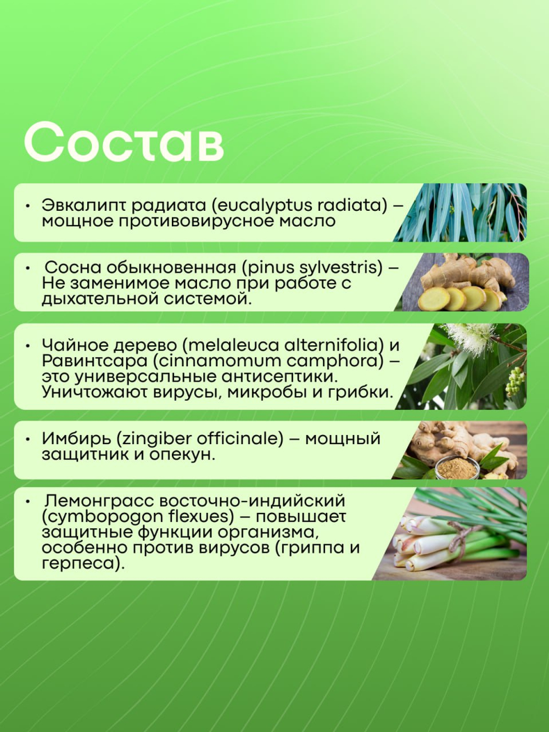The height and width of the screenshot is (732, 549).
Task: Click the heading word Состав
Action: [124, 142]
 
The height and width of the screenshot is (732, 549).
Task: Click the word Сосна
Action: [71, 267]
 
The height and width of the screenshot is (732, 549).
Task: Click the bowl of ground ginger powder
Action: [456, 469]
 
